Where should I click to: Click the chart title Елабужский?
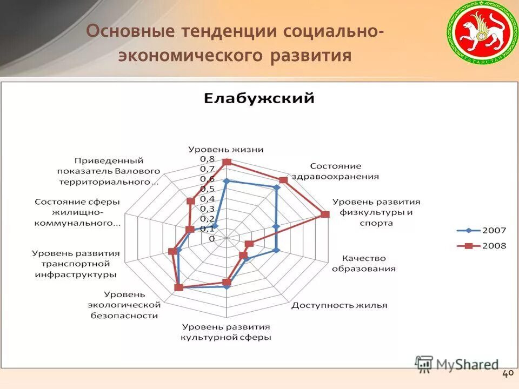259,99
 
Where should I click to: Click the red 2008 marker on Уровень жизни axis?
227,162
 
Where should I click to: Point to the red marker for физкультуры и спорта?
324,214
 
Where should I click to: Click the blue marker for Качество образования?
276,250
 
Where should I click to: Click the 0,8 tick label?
207,158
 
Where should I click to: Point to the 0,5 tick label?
207,189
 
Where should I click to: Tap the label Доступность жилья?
340,305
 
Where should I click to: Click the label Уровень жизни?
226,149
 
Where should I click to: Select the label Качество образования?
363,264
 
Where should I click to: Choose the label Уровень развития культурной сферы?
226,332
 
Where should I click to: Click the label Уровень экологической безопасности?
125,305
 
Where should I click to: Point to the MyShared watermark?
457,364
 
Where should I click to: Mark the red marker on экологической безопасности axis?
179,287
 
